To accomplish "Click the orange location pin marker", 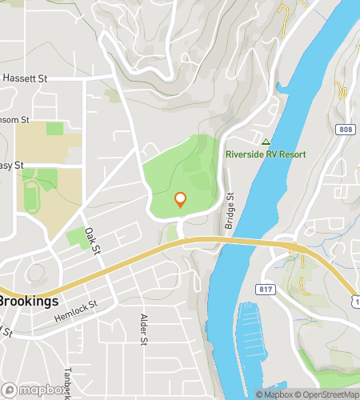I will [x=180, y=199].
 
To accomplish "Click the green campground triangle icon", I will [x=266, y=141].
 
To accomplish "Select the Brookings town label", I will [x=30, y=302].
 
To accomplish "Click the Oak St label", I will [x=94, y=241].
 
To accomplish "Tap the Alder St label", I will [x=144, y=330].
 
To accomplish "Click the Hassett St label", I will [x=26, y=78].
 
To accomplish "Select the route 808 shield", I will [x=344, y=128].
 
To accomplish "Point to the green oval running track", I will [x=31, y=195].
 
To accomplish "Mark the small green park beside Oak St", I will [x=76, y=238].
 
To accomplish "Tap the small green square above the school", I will [x=54, y=128].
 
